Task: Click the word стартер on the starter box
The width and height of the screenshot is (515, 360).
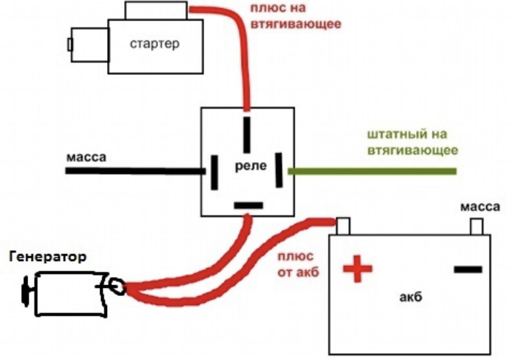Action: click(154, 44)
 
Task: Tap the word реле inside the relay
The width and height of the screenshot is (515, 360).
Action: click(251, 166)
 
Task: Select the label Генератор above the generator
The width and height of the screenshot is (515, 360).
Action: click(48, 256)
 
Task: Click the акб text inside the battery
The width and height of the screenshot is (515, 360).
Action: click(411, 297)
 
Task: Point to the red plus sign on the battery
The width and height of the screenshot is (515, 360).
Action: click(358, 269)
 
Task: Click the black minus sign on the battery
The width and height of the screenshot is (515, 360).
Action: click(468, 270)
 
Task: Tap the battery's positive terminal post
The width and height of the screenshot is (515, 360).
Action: click(343, 226)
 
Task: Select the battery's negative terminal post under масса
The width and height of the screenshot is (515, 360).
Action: click(477, 227)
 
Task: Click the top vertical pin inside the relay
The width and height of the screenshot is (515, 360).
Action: click(247, 135)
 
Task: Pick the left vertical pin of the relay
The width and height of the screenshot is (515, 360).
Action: click(214, 172)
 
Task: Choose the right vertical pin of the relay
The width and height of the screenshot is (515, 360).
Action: click(279, 170)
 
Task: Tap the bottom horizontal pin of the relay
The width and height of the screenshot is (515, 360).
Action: click(249, 205)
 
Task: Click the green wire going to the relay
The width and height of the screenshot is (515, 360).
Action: click(372, 171)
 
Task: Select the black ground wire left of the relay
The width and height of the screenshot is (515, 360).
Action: click(135, 171)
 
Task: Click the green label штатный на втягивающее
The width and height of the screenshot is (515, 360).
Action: click(412, 142)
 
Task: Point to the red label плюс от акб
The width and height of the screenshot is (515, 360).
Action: click(298, 265)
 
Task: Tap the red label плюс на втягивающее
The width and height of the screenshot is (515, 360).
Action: click(295, 16)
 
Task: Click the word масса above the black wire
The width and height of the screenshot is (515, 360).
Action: click(87, 157)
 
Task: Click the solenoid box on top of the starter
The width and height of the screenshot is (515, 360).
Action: click(156, 10)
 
